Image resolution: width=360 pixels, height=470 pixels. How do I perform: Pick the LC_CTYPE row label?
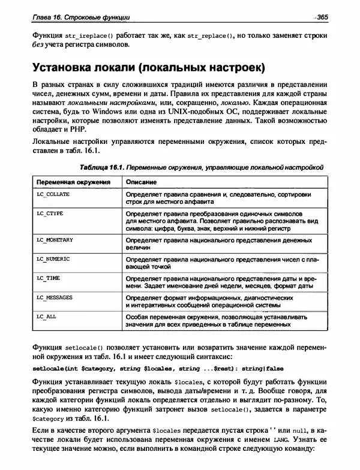tap(50, 213)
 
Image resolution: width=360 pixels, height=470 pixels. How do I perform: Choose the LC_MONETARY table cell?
tap(55, 240)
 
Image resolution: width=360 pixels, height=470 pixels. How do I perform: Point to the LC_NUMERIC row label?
tap(53, 258)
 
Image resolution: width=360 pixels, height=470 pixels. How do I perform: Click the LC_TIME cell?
tap(49, 278)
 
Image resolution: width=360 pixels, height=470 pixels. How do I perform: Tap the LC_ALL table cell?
tap(47, 315)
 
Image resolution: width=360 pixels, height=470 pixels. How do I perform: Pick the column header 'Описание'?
tap(141, 181)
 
